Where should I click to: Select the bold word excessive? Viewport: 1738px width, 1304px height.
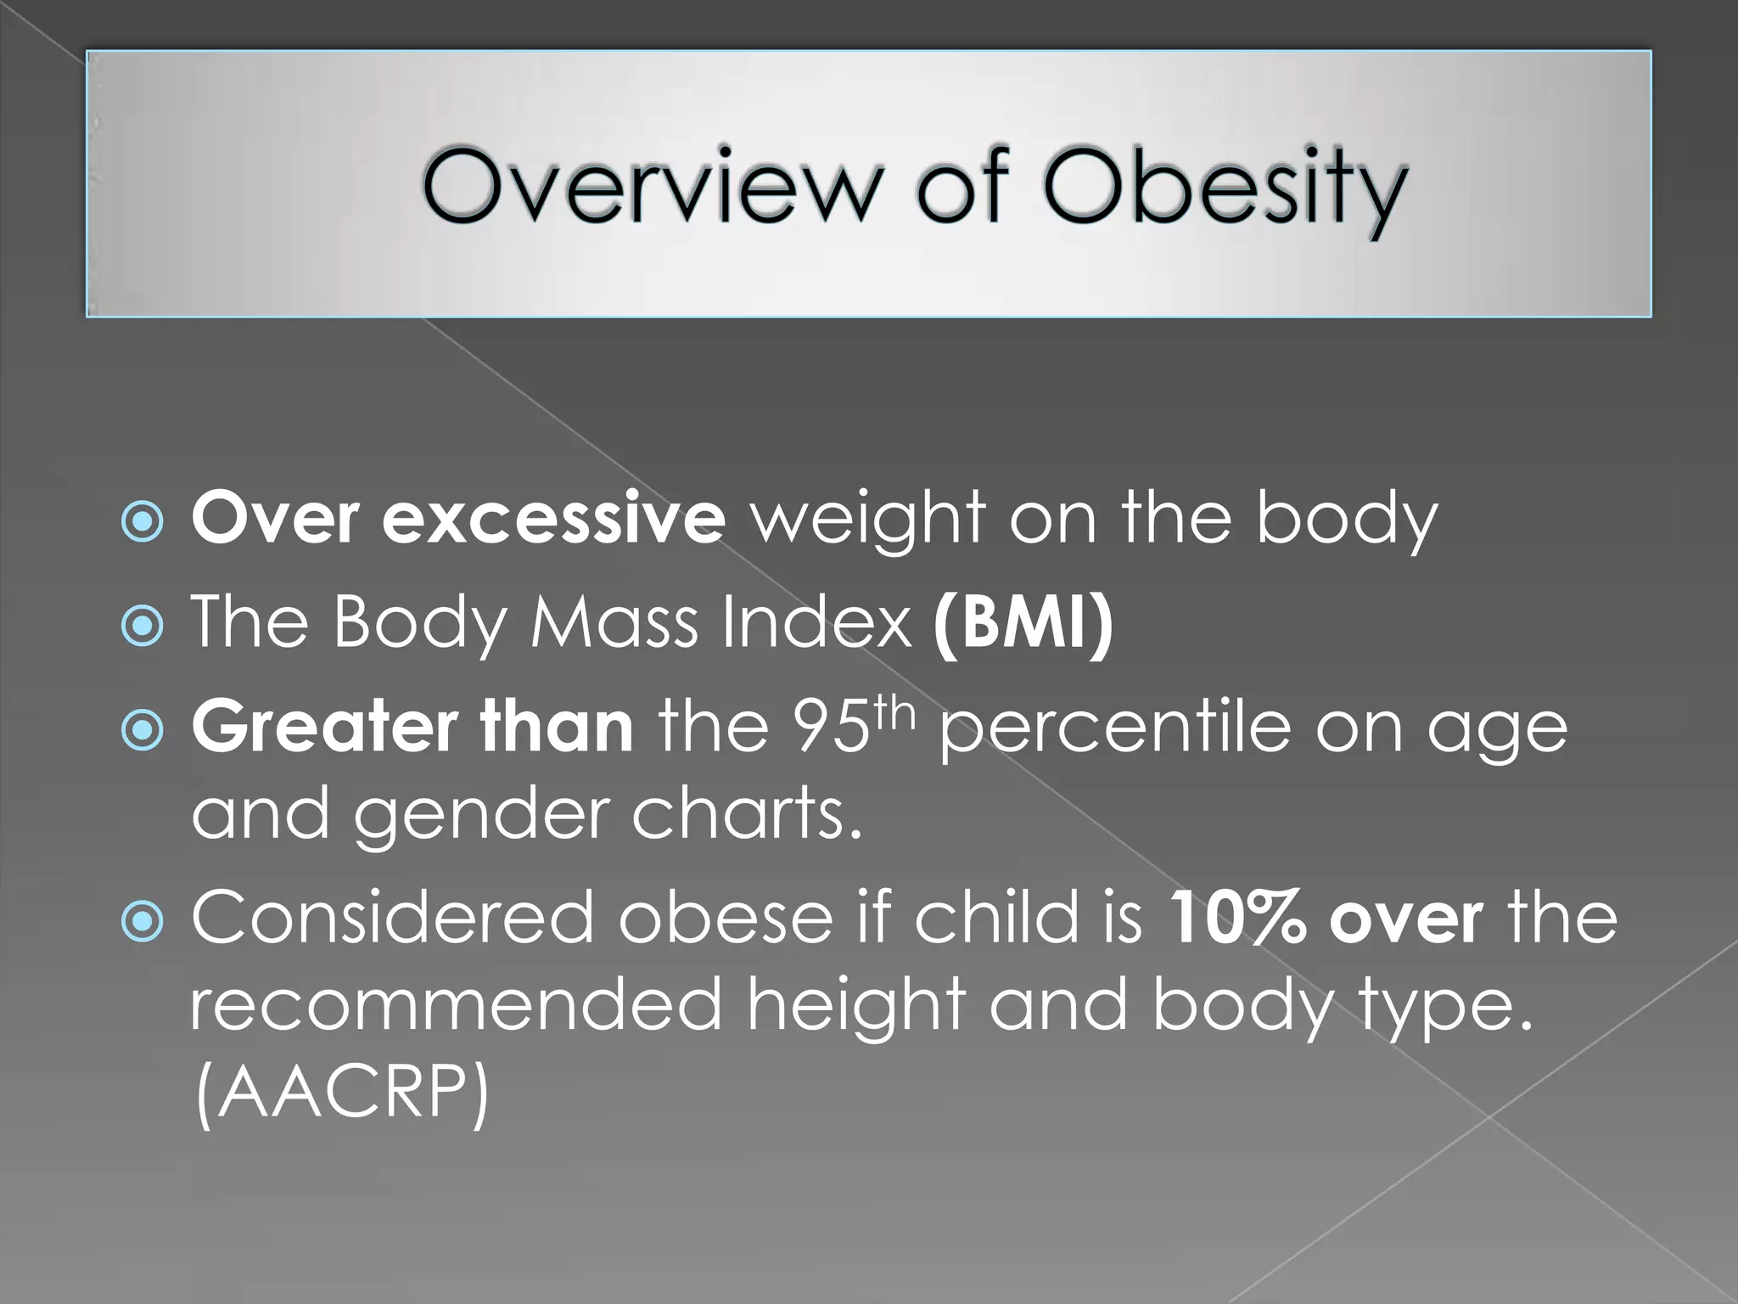point(553,518)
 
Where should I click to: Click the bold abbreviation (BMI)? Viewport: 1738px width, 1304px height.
point(1023,622)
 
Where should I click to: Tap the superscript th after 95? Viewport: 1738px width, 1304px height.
point(896,711)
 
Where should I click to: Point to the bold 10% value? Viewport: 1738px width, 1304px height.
point(1236,918)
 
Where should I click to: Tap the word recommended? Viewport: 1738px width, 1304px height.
point(455,1005)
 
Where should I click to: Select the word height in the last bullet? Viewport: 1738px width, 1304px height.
point(855,1007)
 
